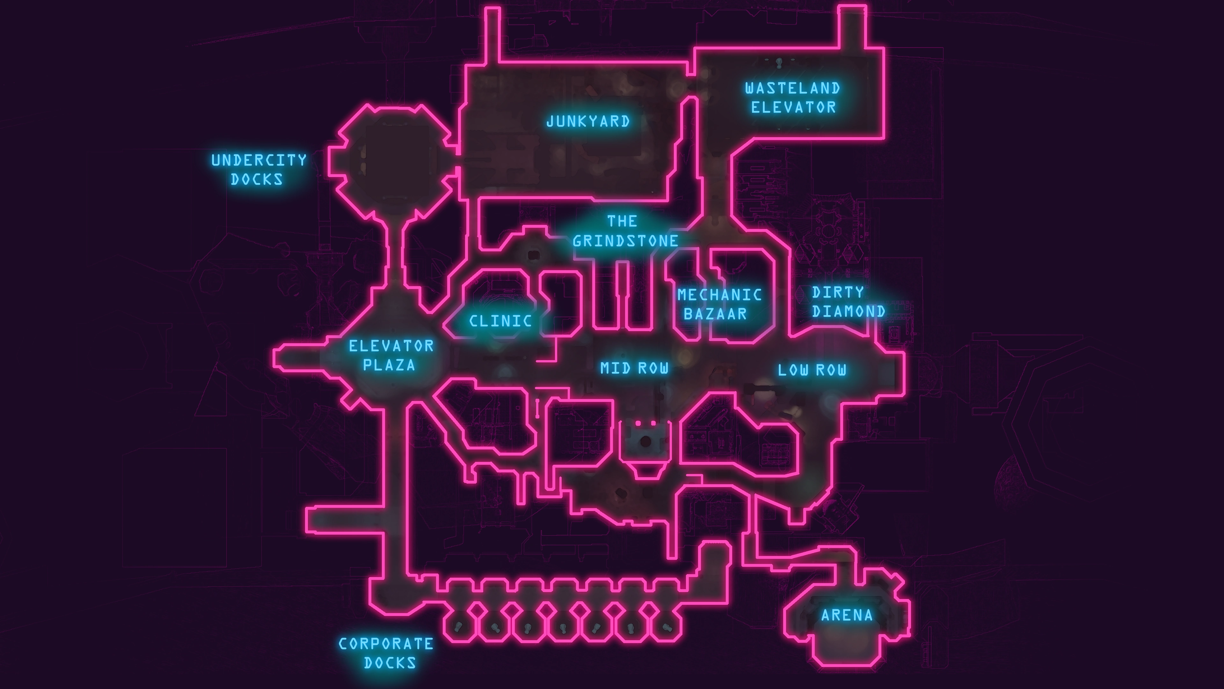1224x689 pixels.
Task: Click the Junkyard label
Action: point(588,122)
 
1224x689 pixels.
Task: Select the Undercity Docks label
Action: point(259,170)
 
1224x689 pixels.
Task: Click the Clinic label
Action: point(500,321)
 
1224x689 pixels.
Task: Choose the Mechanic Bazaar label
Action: point(719,304)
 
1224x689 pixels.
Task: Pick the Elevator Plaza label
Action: point(390,355)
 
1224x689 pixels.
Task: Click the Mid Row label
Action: point(634,368)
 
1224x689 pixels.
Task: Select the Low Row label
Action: point(812,370)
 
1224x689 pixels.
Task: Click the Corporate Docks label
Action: point(386,653)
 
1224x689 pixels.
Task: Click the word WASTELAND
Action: point(792,88)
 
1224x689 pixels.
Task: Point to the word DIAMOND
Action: point(849,311)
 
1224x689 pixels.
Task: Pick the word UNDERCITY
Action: point(259,160)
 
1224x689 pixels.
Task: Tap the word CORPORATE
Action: point(386,644)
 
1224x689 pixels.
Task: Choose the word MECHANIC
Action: point(719,295)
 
